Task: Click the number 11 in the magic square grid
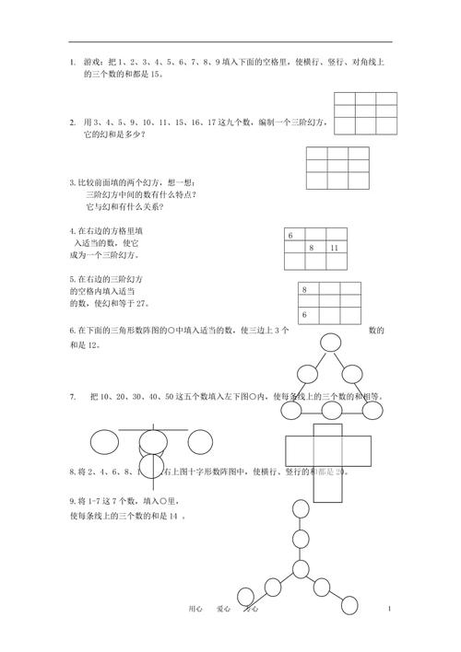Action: pos(333,249)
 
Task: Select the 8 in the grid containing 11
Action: pos(312,249)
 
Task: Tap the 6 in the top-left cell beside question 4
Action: pos(290,237)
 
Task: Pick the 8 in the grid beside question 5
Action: pos(303,291)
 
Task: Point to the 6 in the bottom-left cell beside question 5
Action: pos(303,316)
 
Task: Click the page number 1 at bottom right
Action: pos(391,609)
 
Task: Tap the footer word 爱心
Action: pos(222,609)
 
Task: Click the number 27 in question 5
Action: pos(141,303)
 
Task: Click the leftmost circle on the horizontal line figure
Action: pos(104,442)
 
